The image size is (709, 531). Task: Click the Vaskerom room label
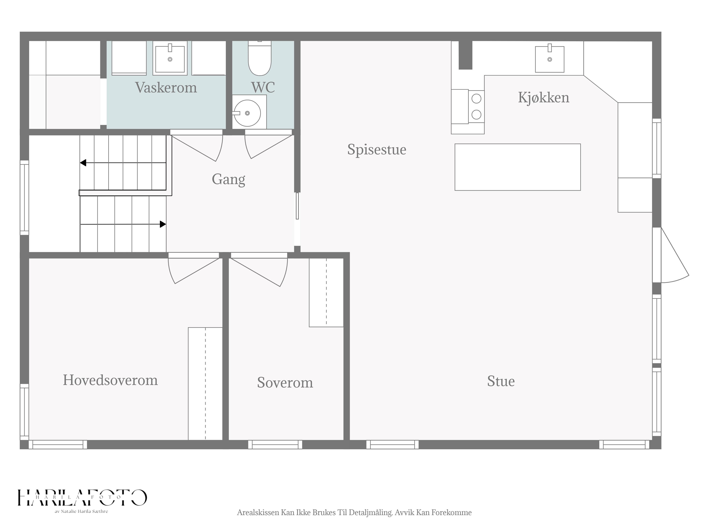pyautogui.click(x=166, y=87)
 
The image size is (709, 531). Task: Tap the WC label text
pyautogui.click(x=263, y=87)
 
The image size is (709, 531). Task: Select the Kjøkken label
pyautogui.click(x=544, y=98)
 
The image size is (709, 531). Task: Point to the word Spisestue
pyautogui.click(x=377, y=150)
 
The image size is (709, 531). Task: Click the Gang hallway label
pyautogui.click(x=229, y=179)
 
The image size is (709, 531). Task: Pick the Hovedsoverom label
pyautogui.click(x=110, y=380)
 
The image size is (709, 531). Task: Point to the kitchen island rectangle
pyautogui.click(x=518, y=167)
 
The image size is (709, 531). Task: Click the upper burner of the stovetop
pyautogui.click(x=477, y=99)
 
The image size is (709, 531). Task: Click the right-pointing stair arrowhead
pyautogui.click(x=163, y=224)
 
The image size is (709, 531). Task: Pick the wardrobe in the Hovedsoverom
pyautogui.click(x=205, y=383)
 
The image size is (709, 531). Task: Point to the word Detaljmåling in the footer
pyautogui.click(x=371, y=512)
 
